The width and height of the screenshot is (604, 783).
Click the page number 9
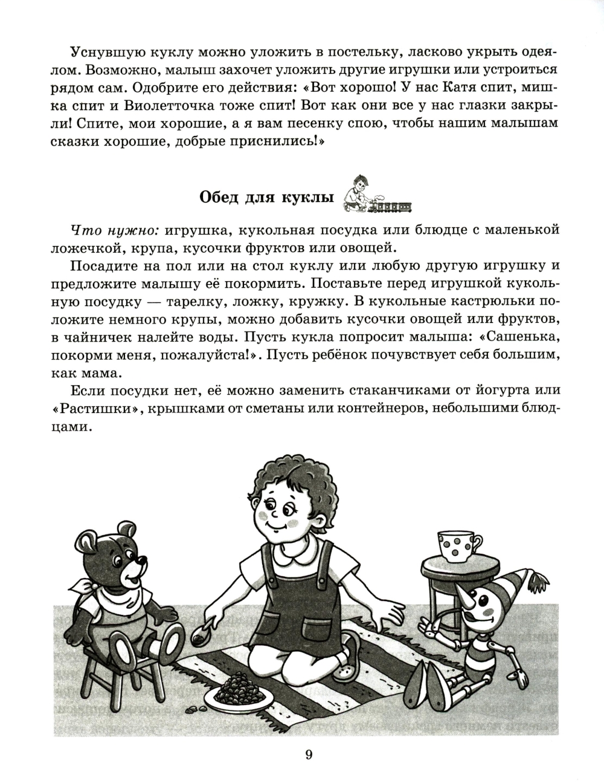point(309,754)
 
